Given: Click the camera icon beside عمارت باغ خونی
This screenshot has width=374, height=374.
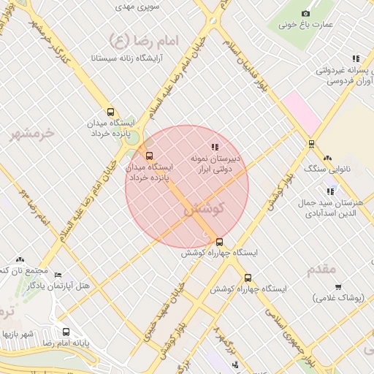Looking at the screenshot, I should pyautogui.click(x=305, y=13).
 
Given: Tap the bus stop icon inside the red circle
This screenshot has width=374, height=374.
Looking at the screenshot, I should pyautogui.click(x=150, y=156).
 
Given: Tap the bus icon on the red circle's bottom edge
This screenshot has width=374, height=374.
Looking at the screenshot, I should pyautogui.click(x=219, y=243).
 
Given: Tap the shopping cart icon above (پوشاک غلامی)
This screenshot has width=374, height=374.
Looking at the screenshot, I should pyautogui.click(x=337, y=287).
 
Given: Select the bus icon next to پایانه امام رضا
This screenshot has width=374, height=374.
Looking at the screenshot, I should pyautogui.click(x=67, y=332).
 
